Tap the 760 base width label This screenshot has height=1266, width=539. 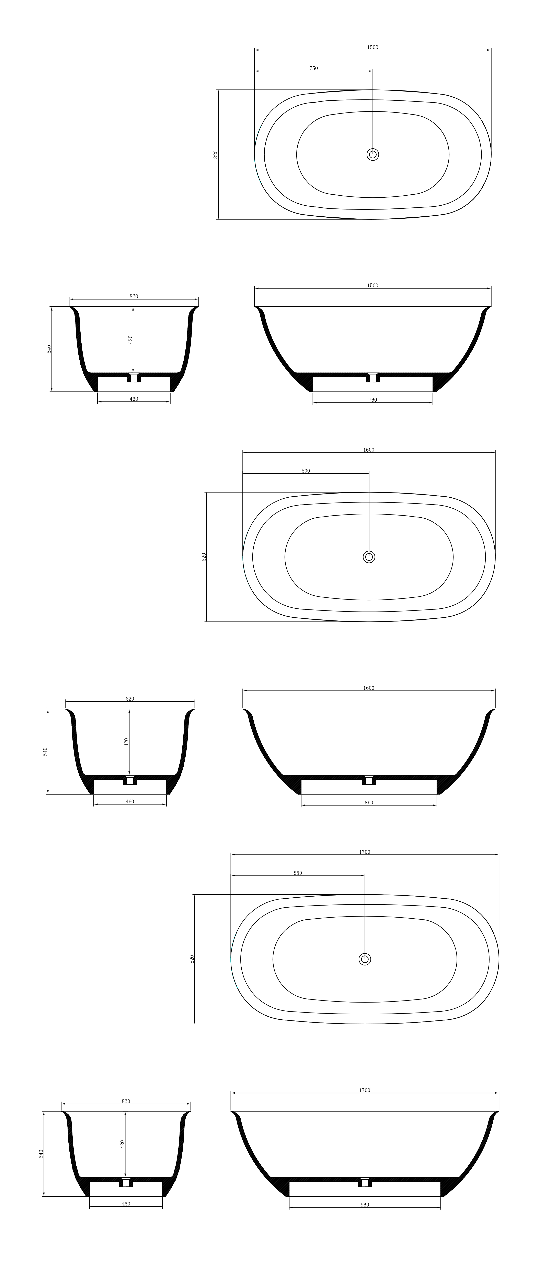pos(372,400)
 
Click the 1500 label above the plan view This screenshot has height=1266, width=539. pos(372,48)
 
